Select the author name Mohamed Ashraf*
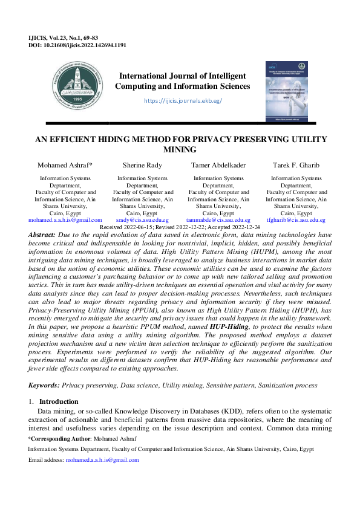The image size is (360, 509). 65,165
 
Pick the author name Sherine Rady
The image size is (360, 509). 142,165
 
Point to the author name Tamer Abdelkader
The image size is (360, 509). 218,165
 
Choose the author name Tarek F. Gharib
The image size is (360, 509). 296,165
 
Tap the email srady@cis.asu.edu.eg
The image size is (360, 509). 142,221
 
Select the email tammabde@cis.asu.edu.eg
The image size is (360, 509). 218,221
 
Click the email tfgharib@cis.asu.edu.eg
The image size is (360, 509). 296,221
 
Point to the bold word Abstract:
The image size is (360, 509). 42,233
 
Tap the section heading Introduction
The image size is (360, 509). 59,401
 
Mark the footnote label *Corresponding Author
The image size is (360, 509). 57,437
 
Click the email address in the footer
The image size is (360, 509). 102,460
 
